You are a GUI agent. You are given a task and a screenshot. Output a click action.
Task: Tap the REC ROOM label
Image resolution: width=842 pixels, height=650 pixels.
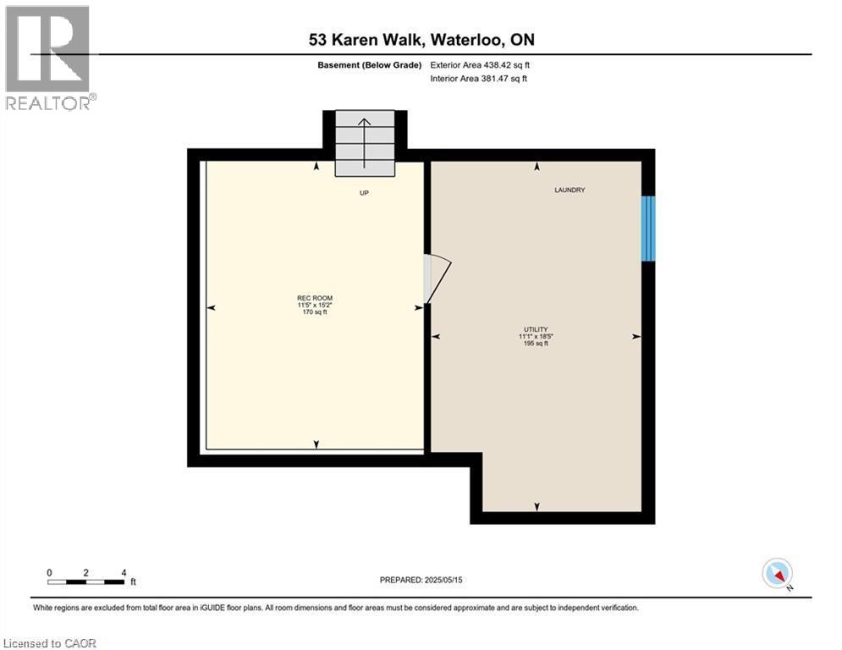click(x=314, y=297)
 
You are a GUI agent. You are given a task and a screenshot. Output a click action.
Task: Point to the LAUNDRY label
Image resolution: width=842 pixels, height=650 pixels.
click(x=570, y=190)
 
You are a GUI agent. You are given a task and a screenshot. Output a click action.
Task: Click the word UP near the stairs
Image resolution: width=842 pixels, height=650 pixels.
click(x=364, y=193)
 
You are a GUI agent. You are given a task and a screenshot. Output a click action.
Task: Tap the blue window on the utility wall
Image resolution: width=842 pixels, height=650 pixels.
click(x=648, y=229)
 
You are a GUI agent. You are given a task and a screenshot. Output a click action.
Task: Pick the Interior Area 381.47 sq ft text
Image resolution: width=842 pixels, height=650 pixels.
click(x=480, y=79)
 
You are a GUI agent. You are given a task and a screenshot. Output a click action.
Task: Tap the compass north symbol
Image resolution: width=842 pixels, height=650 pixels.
click(x=776, y=574)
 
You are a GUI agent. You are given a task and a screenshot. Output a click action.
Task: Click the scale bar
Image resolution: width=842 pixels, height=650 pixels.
click(x=87, y=581)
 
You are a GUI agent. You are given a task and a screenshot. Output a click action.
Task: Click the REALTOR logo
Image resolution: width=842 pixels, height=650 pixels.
click(x=49, y=58)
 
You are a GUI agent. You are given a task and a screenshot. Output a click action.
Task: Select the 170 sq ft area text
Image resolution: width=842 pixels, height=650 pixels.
click(x=314, y=312)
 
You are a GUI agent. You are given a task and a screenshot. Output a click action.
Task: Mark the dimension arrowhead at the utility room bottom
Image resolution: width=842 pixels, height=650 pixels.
click(x=537, y=506)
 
